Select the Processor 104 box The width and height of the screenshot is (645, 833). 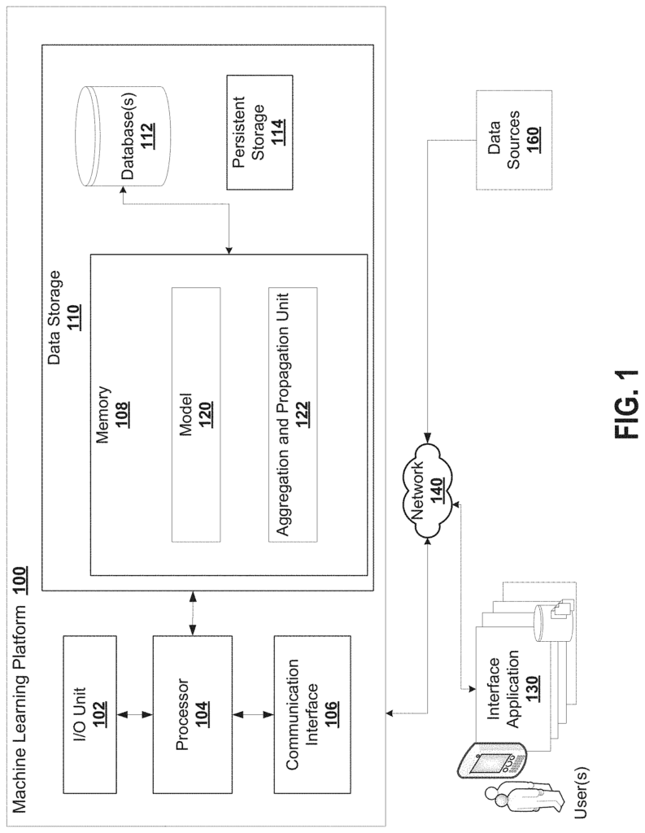(192, 714)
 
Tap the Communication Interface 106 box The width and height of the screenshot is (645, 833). (312, 714)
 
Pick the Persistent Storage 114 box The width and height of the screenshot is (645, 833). (259, 133)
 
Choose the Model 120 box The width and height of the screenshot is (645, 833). (196, 415)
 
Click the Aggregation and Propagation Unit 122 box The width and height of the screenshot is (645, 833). (293, 415)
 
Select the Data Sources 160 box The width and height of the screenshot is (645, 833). (514, 140)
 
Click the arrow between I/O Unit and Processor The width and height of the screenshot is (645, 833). (135, 714)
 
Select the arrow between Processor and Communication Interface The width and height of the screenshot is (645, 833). (253, 714)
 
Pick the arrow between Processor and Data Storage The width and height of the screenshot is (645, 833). (192, 613)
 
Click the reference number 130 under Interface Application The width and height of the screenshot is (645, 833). (532, 688)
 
